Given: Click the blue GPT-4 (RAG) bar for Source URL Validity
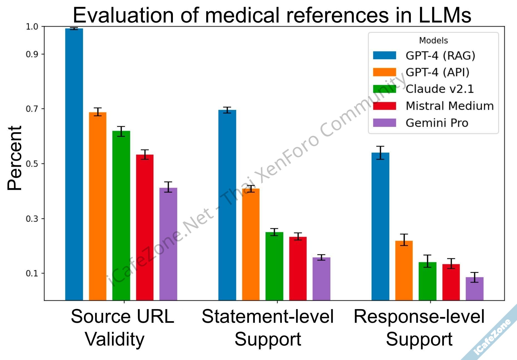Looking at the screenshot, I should [74, 164].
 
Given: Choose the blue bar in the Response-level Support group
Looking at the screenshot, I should [380, 226].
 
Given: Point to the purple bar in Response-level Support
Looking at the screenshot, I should [474, 289].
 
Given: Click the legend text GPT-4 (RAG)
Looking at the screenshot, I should [440, 56].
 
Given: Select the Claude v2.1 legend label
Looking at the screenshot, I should [439, 89].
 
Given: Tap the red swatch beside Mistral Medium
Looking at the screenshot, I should [384, 106].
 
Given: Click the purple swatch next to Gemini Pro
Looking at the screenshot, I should [384, 123].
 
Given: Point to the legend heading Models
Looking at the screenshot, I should [433, 41].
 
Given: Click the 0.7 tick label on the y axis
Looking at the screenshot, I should [31, 109].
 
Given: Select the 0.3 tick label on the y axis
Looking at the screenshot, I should [31, 219].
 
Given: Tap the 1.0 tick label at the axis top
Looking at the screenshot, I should [31, 27].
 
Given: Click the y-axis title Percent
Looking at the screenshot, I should [15, 158].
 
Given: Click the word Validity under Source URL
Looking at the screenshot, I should [115, 339].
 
